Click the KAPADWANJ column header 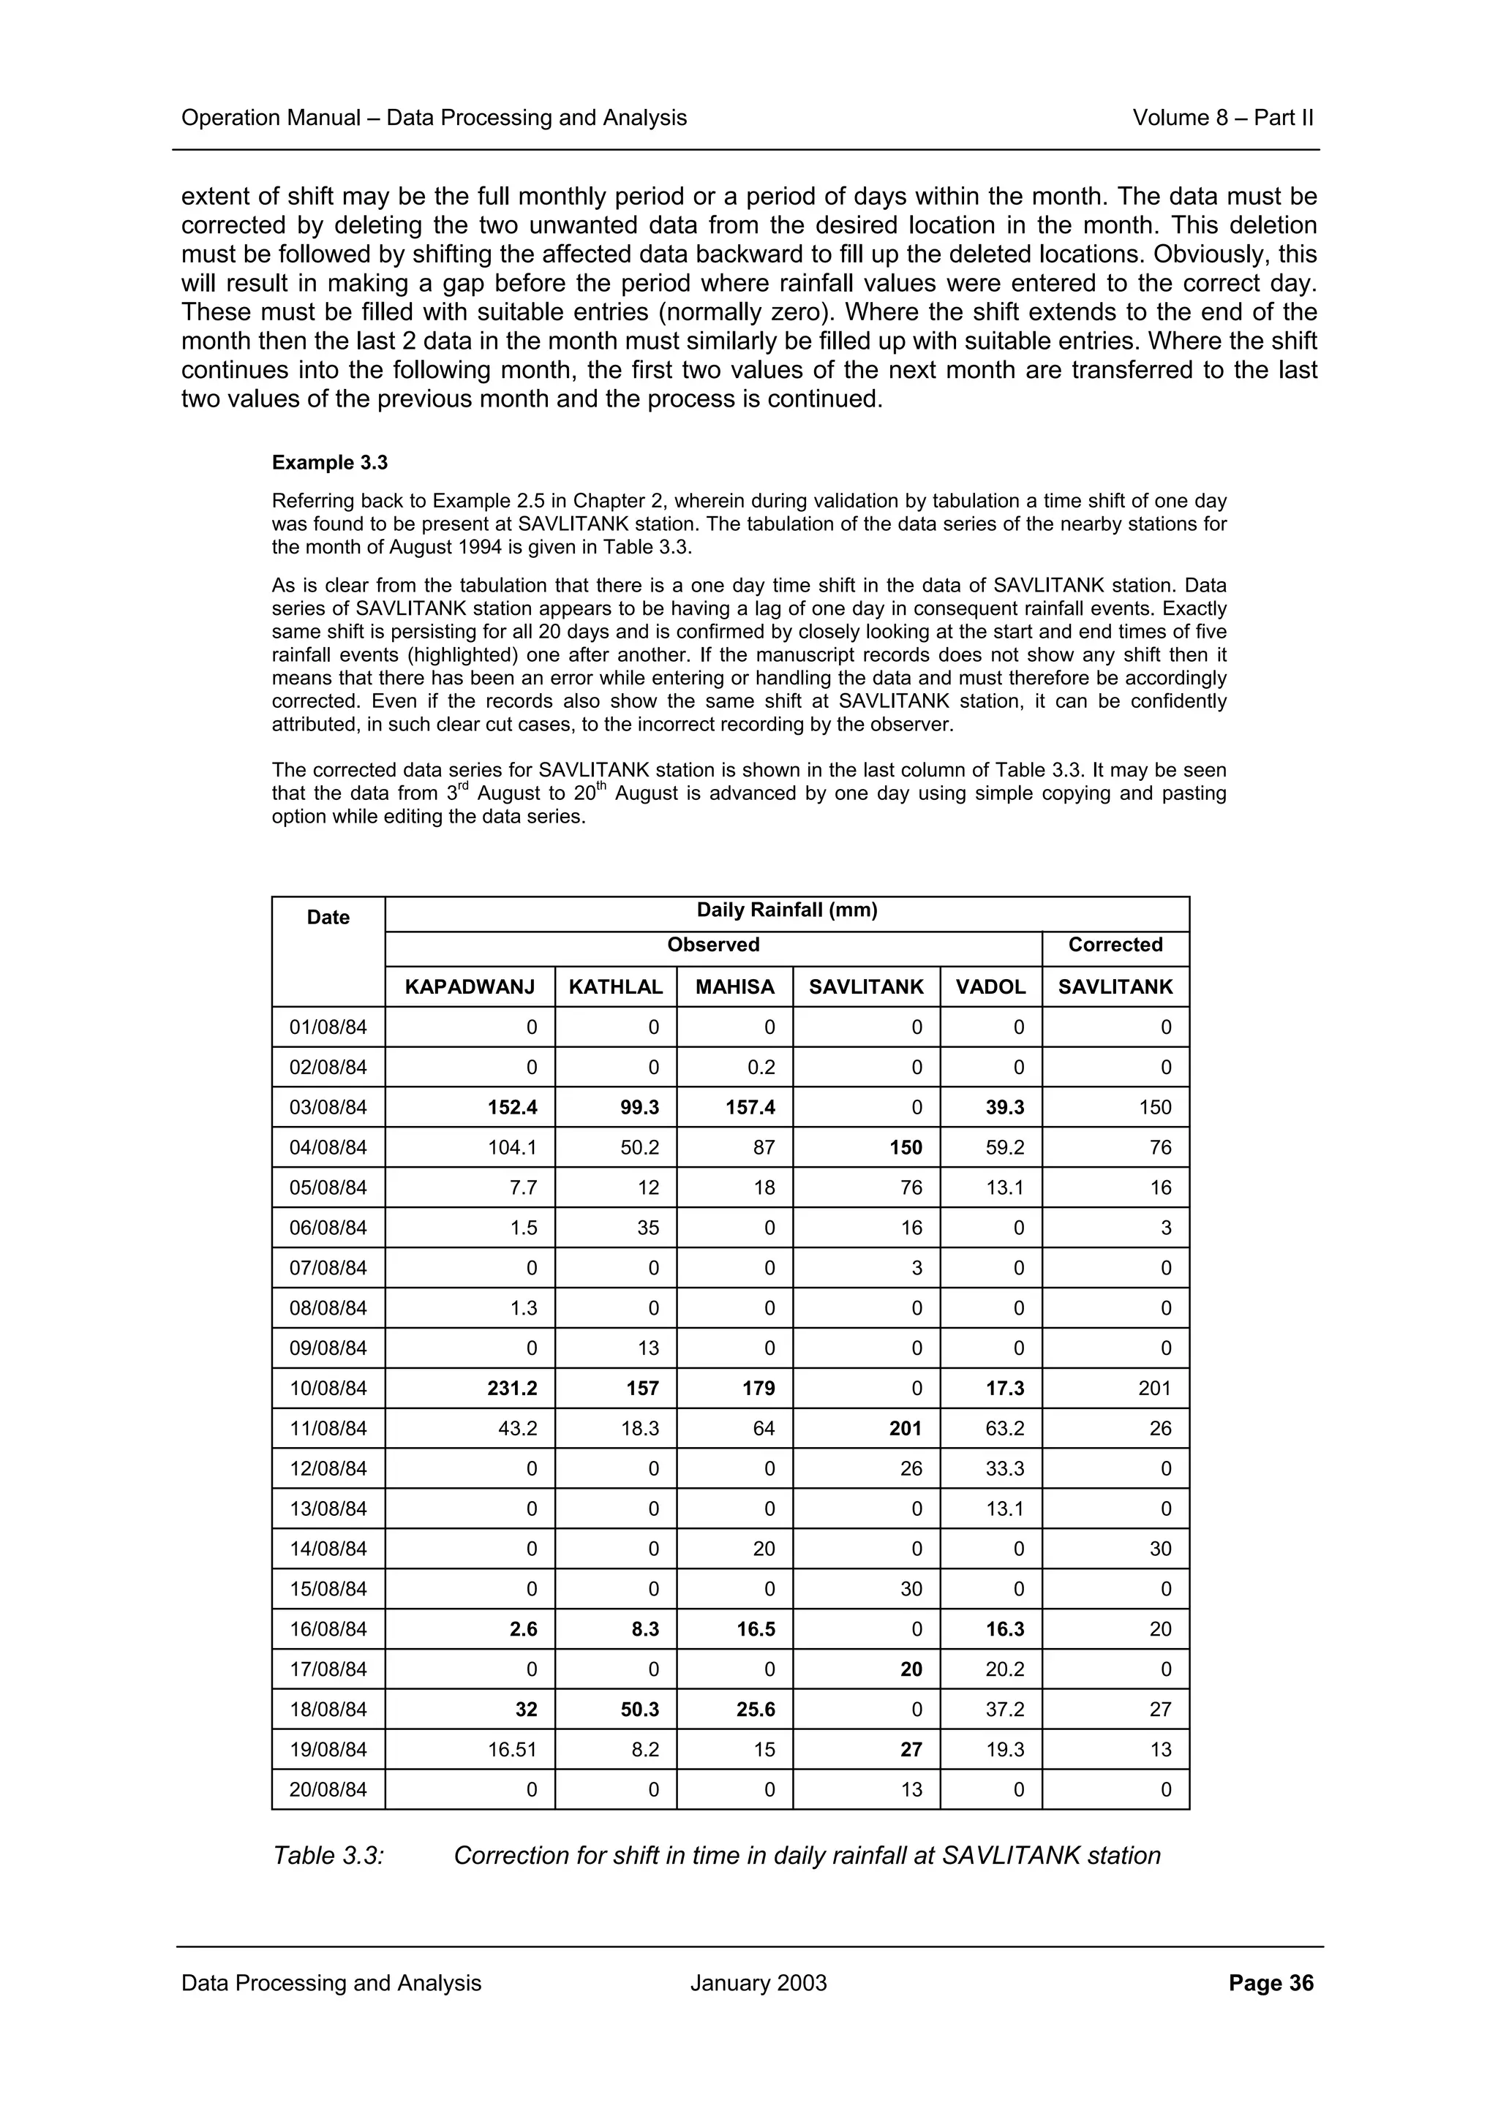click(x=469, y=986)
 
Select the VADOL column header click(x=990, y=986)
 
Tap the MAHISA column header click(x=734, y=986)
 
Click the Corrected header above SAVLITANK click(x=1115, y=945)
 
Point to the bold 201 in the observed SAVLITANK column click(x=905, y=1429)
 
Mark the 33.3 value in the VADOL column click(x=1004, y=1469)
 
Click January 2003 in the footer click(x=758, y=1983)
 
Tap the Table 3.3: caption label click(x=328, y=1856)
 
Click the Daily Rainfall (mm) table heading click(x=786, y=911)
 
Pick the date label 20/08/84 click(x=328, y=1789)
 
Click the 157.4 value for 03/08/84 click(x=750, y=1108)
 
